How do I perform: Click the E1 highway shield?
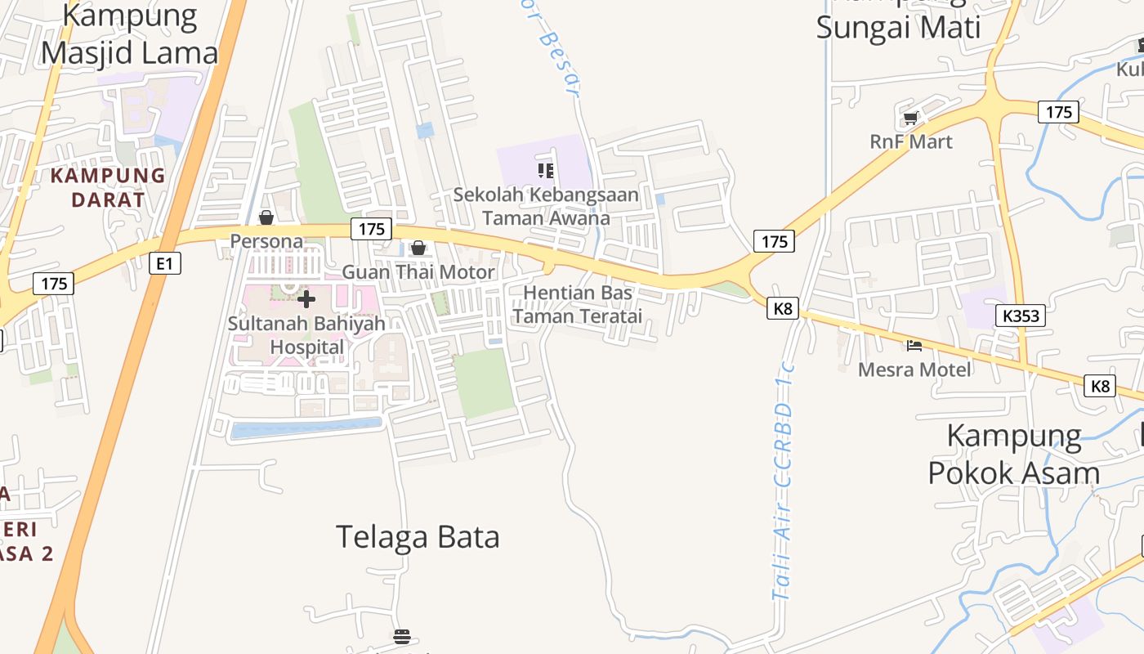point(166,262)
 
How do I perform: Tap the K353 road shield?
point(1021,316)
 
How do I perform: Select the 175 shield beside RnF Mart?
point(1058,112)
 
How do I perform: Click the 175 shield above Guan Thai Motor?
point(371,229)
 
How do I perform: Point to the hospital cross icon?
point(306,299)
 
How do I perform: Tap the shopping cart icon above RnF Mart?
point(910,118)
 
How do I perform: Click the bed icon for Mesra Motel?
point(914,346)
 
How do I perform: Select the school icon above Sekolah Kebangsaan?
point(545,171)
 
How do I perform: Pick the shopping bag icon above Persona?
point(266,217)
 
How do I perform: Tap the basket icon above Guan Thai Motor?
point(418,248)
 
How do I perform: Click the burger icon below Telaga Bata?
point(401,636)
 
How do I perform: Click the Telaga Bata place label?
point(418,537)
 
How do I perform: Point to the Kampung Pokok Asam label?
point(1014,455)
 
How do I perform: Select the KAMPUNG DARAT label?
point(108,187)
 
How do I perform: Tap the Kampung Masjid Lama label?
point(130,34)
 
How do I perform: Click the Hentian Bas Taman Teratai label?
point(578,304)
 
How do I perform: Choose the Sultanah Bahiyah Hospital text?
point(306,335)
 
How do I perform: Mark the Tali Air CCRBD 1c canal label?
point(784,482)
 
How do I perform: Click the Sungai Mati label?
point(898,27)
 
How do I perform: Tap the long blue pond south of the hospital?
point(306,428)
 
